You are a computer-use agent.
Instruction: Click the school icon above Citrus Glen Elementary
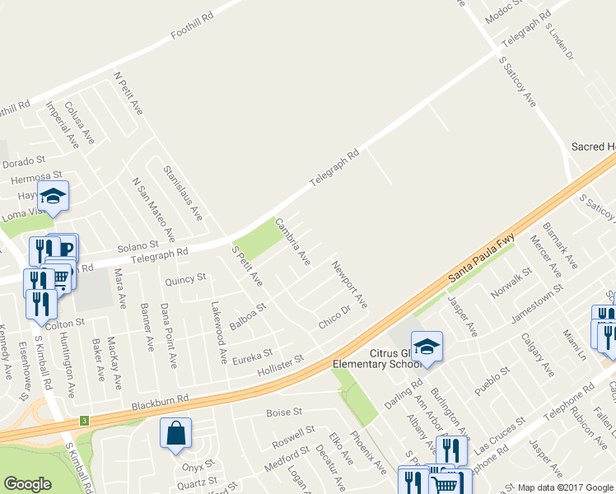coord(427,347)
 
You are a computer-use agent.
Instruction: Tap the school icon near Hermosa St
coord(54,196)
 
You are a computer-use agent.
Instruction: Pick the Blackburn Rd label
coord(160,401)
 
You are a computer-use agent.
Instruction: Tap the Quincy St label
coord(185,280)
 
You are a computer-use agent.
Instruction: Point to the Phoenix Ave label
coord(367,451)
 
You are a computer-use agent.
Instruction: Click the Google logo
coord(27,484)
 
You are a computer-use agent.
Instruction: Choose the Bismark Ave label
coord(560,245)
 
